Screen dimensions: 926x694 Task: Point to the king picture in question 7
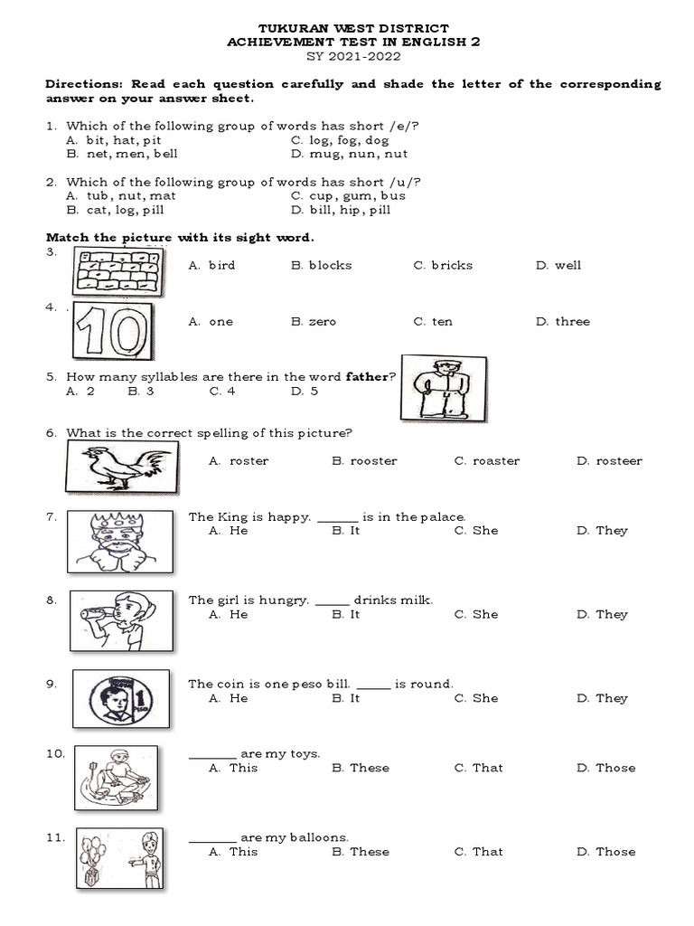[x=120, y=541]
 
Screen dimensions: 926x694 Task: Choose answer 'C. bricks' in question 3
[x=443, y=266]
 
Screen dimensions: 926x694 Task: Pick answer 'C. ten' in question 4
[x=433, y=322]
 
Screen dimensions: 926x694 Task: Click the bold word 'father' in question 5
[x=367, y=377]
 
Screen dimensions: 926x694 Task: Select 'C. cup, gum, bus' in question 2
[x=348, y=196]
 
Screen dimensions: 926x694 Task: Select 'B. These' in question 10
[x=361, y=768]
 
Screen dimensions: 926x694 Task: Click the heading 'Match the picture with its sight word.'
[x=180, y=238]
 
